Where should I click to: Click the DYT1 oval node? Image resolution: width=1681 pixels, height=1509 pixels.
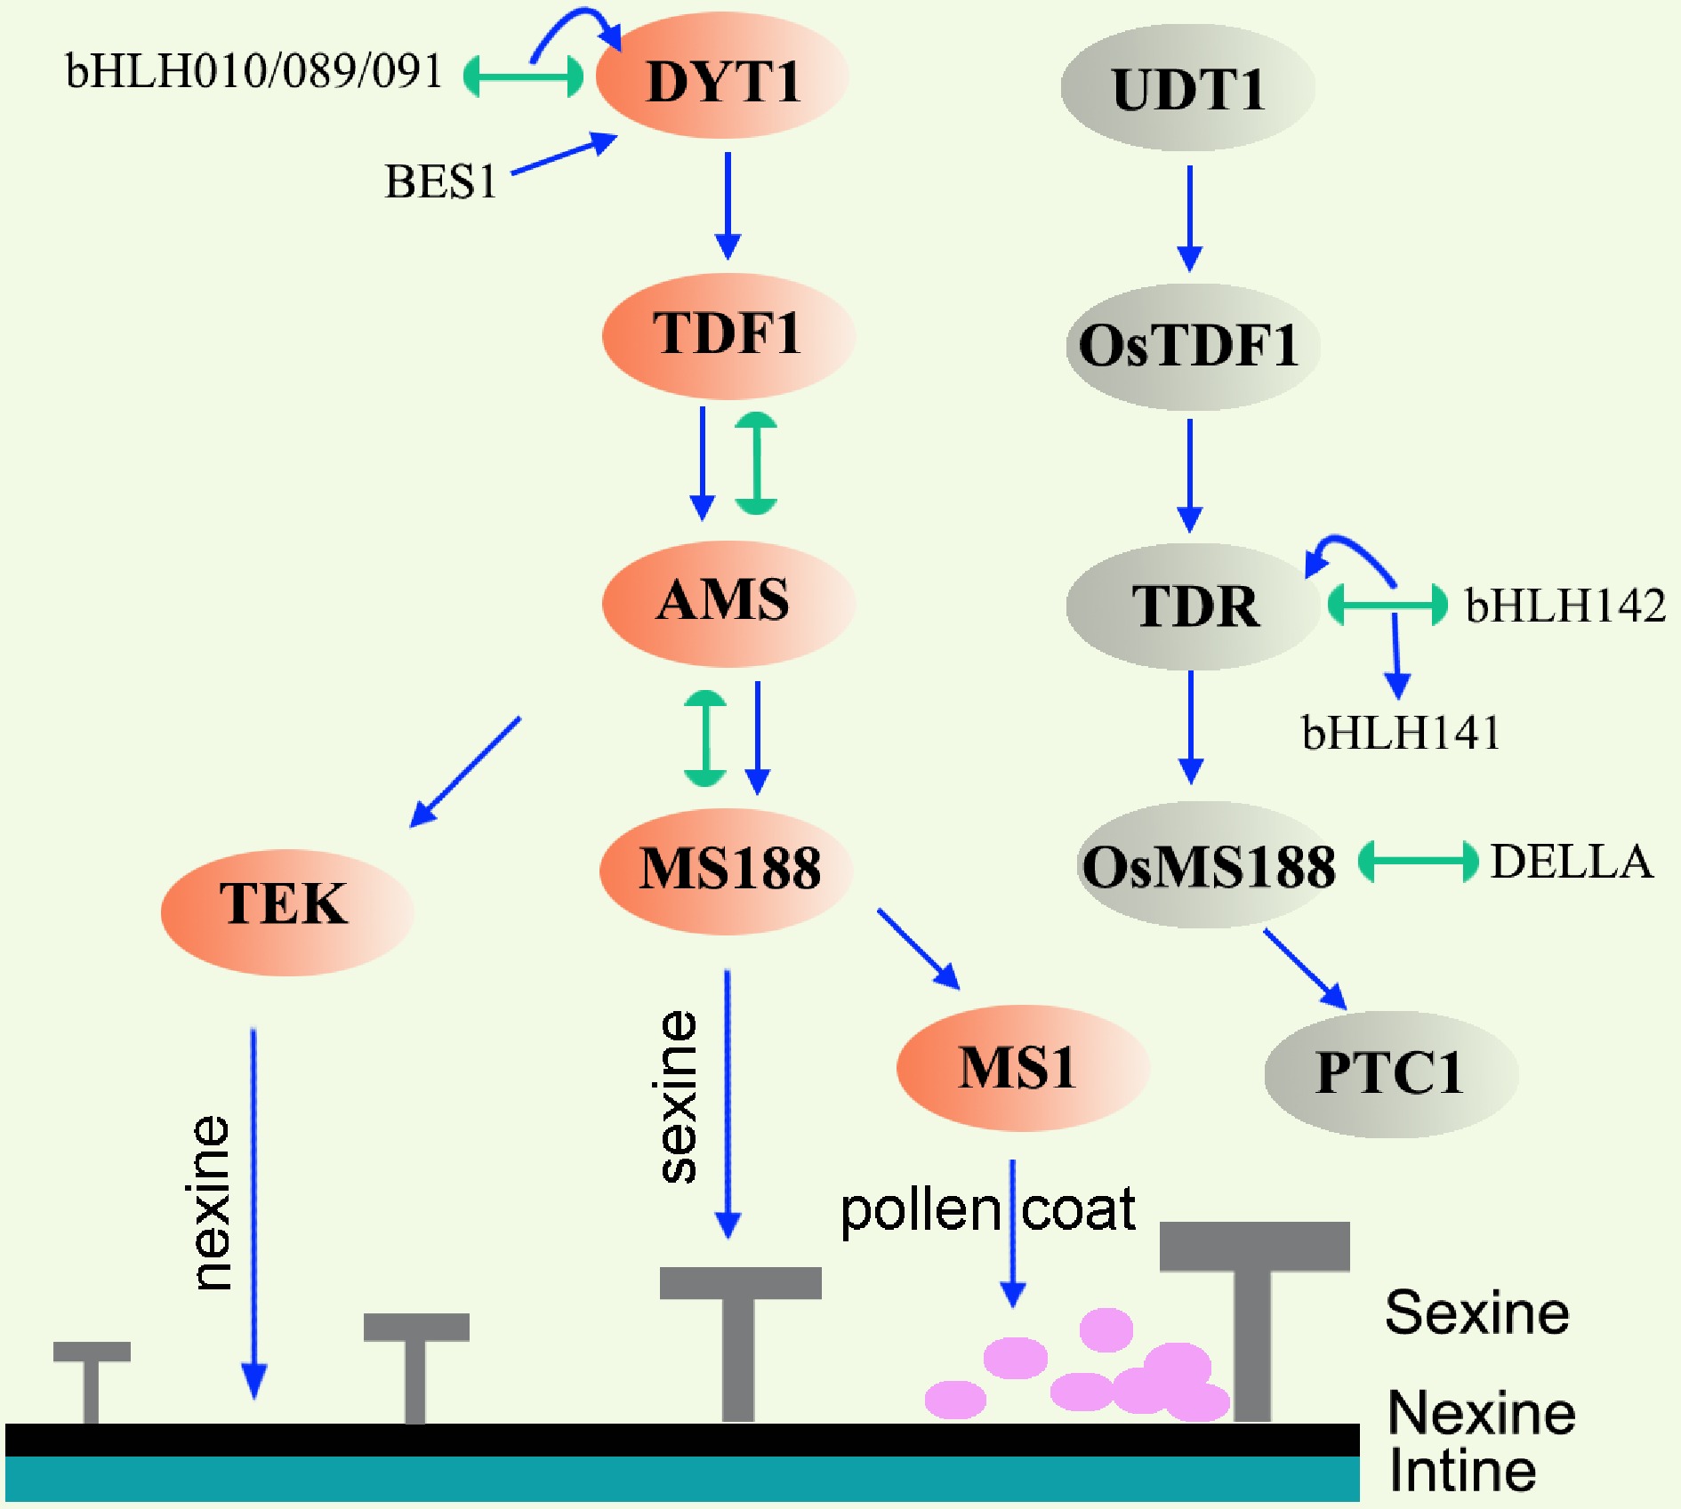pos(721,76)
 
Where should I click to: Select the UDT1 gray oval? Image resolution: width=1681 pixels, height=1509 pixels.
pos(1187,87)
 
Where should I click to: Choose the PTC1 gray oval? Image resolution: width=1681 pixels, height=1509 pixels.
pos(1390,1072)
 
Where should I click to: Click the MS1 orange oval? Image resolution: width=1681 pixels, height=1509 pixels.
pos(1022,1066)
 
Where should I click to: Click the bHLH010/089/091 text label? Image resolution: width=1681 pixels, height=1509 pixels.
pos(253,71)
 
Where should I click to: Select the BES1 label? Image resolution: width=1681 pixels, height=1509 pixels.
pos(440,182)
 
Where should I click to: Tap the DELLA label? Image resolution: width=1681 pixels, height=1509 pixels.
pos(1572,862)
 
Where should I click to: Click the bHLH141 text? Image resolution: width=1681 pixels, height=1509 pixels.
pos(1401,734)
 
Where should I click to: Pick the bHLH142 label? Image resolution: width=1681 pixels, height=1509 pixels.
pos(1565,606)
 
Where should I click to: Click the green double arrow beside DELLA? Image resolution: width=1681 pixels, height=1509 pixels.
pos(1418,862)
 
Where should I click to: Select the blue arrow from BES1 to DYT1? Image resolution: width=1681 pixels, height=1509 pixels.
pos(564,153)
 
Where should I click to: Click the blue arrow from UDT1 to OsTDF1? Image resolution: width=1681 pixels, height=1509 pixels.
pos(1189,218)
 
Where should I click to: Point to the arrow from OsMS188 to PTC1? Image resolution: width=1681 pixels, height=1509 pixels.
pos(1305,968)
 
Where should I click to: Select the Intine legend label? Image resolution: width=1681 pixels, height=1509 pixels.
pos(1462,1471)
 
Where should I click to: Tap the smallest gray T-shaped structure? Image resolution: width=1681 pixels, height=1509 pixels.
pos(92,1378)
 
